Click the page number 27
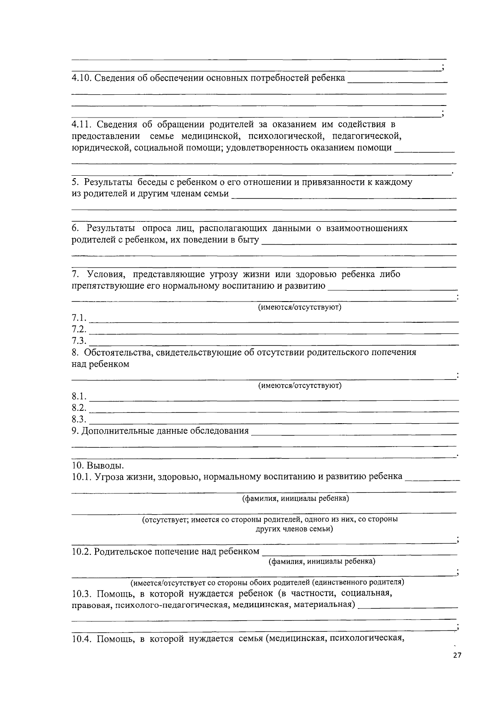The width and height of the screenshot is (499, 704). coord(457,656)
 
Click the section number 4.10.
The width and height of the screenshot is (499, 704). coord(81,78)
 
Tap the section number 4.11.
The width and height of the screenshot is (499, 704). coord(81,124)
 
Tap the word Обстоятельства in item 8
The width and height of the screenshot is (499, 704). coord(119,353)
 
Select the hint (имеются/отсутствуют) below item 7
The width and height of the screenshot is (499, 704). coord(300,307)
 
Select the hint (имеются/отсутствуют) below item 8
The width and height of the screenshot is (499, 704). coord(300,385)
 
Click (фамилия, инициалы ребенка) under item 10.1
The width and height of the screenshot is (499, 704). coord(296,498)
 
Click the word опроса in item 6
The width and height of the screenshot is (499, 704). coord(156,228)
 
